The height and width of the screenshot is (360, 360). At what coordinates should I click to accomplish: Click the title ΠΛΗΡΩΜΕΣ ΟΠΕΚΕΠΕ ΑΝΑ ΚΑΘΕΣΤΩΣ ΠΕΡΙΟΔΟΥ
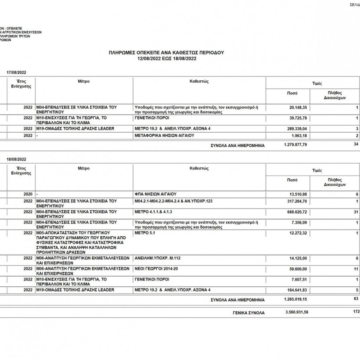(x=166, y=52)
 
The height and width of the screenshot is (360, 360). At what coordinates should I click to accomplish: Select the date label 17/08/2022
(x=17, y=72)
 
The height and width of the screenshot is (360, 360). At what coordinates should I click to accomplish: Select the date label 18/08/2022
(x=17, y=158)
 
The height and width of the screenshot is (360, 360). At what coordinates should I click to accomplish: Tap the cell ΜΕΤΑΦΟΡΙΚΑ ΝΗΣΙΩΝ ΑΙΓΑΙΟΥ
(x=164, y=136)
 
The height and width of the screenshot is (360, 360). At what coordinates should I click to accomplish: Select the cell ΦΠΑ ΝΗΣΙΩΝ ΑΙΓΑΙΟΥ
(x=155, y=194)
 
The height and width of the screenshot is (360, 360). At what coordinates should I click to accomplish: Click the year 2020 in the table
(x=28, y=194)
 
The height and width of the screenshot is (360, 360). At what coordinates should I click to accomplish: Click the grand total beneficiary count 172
(x=356, y=312)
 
